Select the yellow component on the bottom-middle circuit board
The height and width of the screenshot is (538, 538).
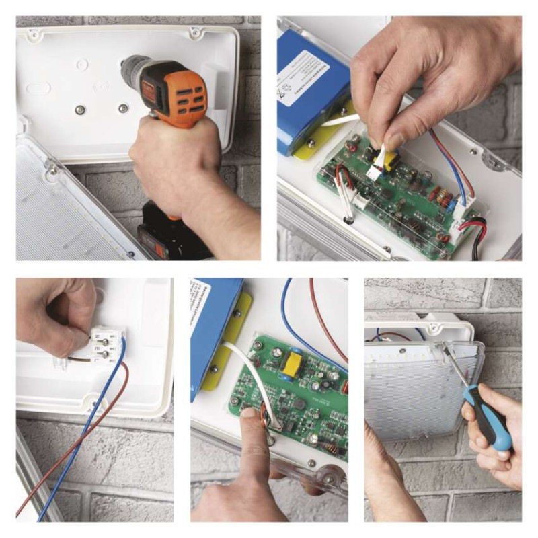point(292,364)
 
